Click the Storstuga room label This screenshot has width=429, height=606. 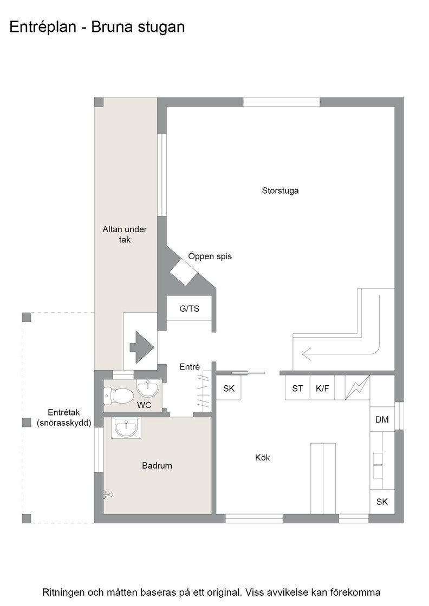(280, 190)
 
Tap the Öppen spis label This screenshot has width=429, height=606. (210, 256)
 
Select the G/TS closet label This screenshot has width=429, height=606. (189, 308)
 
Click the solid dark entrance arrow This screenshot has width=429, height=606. (142, 347)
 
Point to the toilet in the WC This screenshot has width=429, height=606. (119, 396)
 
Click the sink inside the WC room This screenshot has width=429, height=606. (148, 388)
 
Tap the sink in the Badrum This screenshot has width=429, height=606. (126, 428)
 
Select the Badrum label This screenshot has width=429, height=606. (157, 466)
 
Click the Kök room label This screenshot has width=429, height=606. (262, 458)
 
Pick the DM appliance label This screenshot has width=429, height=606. (382, 419)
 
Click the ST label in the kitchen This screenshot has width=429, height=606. (297, 388)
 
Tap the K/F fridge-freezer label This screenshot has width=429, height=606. (322, 388)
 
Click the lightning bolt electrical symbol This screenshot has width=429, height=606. (357, 387)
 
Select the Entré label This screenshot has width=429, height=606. (190, 367)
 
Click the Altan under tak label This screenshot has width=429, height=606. (125, 234)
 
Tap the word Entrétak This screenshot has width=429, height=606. (64, 412)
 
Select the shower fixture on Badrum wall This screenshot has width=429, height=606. (108, 495)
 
